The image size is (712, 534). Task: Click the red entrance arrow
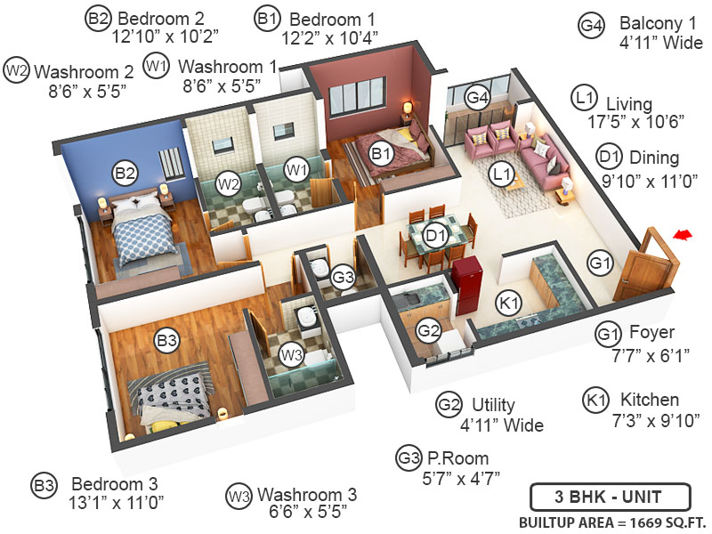click(x=684, y=234)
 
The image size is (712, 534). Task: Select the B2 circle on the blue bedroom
click(x=124, y=173)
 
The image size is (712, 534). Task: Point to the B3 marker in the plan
click(x=167, y=339)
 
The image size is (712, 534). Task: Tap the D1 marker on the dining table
click(x=434, y=236)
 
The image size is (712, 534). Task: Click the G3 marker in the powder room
click(x=344, y=278)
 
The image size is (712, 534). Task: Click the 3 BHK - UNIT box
click(x=609, y=497)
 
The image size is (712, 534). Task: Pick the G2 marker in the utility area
click(x=429, y=331)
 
